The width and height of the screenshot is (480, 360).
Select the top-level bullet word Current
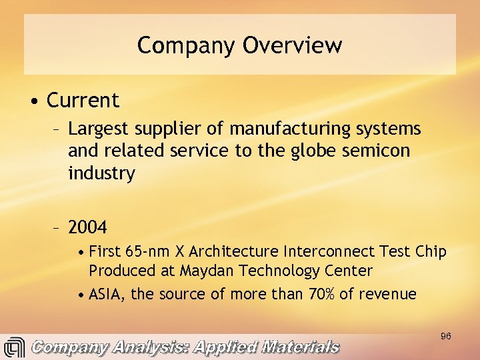pyautogui.click(x=83, y=101)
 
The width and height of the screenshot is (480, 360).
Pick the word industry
pyautogui.click(x=101, y=174)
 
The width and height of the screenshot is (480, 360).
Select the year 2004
pyautogui.click(x=87, y=228)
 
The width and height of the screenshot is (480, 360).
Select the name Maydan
pyautogui.click(x=204, y=271)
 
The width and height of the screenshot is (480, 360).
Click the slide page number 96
pyautogui.click(x=446, y=337)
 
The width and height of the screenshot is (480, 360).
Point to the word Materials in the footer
pyautogui.click(x=301, y=347)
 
